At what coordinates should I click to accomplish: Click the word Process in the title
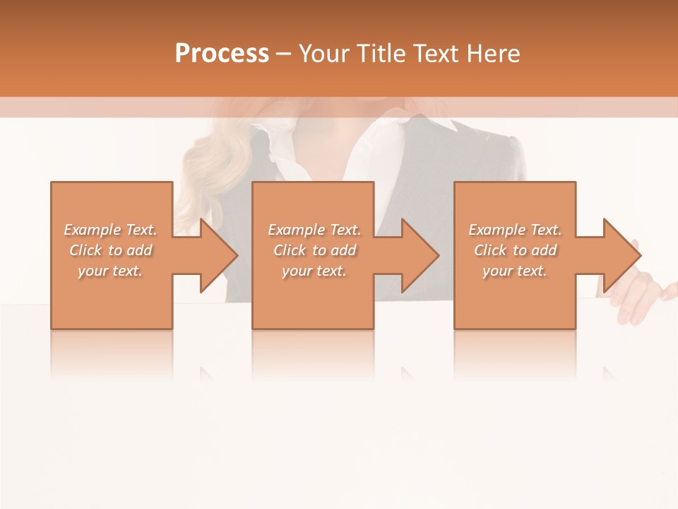[222, 54]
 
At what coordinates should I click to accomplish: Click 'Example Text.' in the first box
[110, 230]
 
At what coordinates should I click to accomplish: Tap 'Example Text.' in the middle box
[314, 230]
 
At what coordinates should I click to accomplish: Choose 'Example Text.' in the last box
[515, 230]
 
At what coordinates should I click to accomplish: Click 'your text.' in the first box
[110, 271]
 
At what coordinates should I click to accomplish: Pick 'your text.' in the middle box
[314, 271]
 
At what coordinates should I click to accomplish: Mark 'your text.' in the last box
[515, 271]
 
